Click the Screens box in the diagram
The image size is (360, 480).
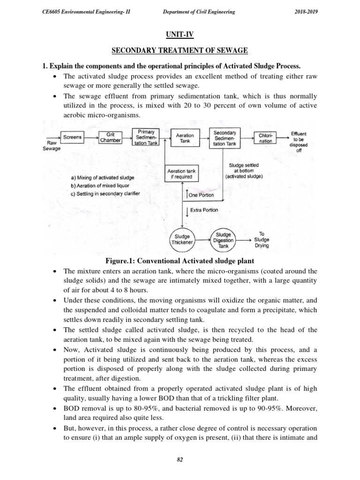point(73,137)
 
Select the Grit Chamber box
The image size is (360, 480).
point(110,137)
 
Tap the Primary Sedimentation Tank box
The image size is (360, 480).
point(146,137)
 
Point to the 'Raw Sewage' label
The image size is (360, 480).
point(50,145)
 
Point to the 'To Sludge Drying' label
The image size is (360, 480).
point(262,239)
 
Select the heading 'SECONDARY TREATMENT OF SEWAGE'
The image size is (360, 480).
point(180,50)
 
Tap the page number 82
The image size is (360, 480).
point(180,460)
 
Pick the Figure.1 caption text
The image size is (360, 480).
point(180,261)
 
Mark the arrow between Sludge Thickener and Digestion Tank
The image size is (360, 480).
point(202,239)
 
